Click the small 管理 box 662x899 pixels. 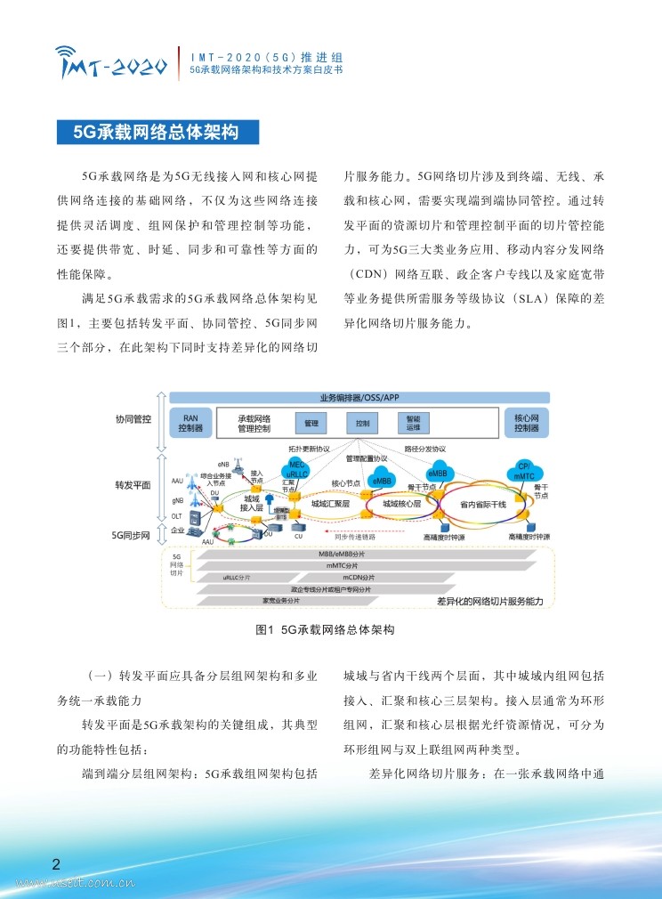(310, 424)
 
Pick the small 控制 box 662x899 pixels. (361, 424)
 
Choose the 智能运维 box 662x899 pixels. (413, 424)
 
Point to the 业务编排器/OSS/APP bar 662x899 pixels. (359, 397)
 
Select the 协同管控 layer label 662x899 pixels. (133, 417)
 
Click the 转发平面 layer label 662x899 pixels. (133, 486)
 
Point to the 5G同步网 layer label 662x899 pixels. (133, 535)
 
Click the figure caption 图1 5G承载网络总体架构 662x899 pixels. (325, 629)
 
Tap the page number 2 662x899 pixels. (56, 864)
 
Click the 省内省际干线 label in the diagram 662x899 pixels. (483, 504)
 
